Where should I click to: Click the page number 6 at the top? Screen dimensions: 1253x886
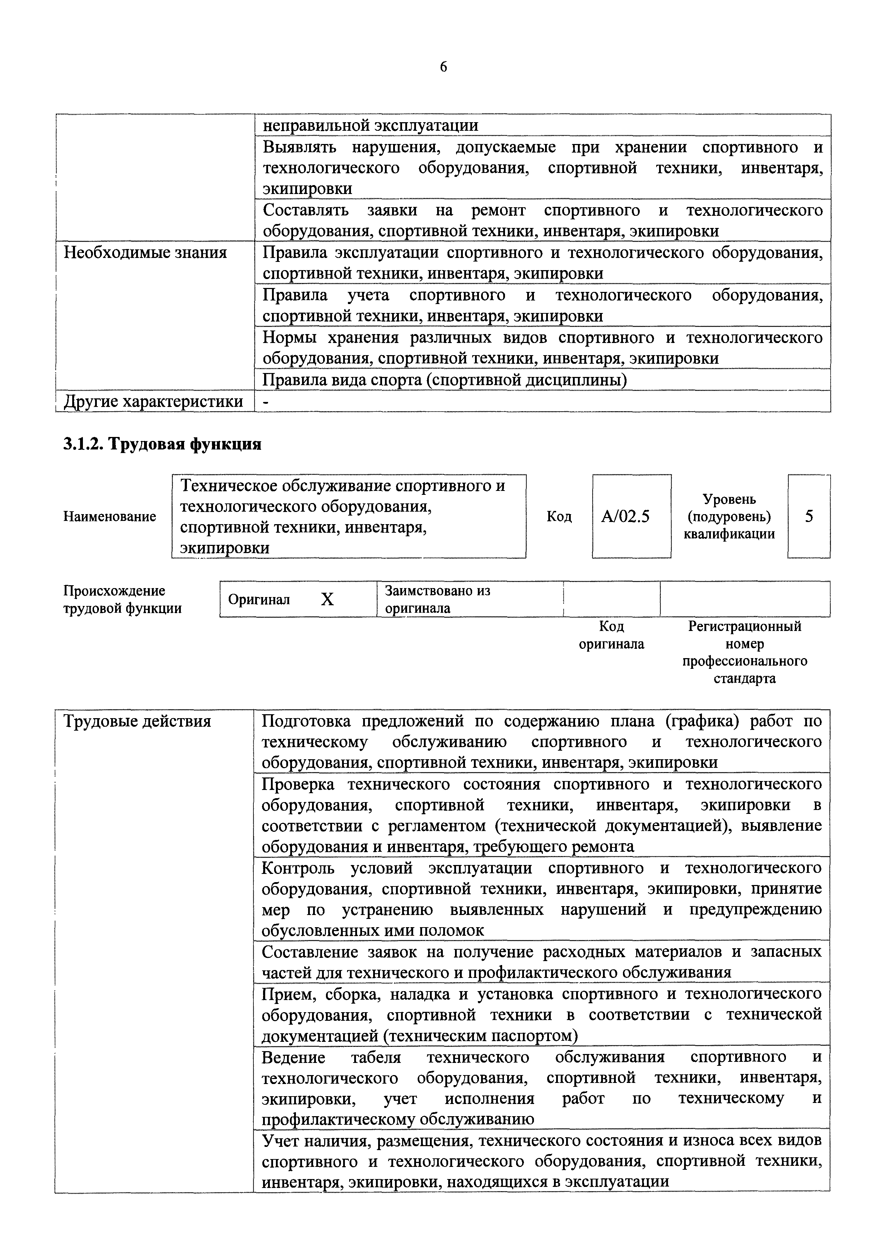point(443,67)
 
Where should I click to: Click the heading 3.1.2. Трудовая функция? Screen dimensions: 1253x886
point(163,444)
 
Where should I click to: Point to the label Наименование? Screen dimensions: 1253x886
point(110,516)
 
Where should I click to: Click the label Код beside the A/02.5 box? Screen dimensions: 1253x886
point(559,516)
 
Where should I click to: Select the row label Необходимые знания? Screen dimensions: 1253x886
point(145,253)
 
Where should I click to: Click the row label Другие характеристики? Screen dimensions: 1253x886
point(153,401)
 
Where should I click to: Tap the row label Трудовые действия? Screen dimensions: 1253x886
point(138,721)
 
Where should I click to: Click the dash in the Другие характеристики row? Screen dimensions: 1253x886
point(266,402)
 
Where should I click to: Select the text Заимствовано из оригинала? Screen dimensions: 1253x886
point(437,599)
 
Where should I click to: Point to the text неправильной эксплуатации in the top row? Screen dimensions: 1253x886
point(370,125)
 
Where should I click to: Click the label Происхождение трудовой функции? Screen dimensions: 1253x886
point(122,599)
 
